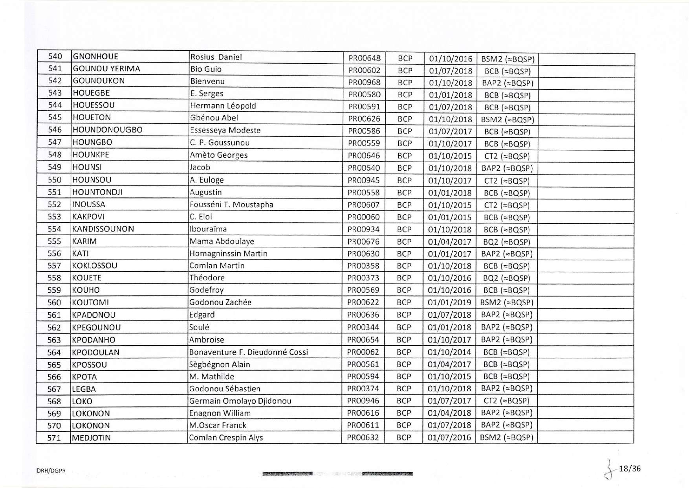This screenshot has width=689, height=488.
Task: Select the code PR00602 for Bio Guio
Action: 364,71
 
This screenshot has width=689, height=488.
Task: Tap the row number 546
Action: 55,130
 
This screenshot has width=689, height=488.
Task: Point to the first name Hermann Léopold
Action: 223,106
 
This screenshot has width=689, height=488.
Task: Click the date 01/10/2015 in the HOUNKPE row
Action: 450,156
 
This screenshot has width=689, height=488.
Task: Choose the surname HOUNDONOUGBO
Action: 107,130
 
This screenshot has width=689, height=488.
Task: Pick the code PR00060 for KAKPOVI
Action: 363,217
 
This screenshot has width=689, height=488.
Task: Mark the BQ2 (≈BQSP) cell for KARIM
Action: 506,242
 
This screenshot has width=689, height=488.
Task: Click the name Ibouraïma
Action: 208,229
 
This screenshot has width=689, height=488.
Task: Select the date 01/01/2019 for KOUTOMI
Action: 449,302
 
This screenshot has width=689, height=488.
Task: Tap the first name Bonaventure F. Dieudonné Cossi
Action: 248,352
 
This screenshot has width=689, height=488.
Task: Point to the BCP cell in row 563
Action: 403,339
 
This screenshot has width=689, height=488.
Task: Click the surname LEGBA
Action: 84,389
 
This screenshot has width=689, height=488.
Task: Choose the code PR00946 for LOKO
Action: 363,401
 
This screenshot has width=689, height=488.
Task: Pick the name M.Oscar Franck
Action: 218,425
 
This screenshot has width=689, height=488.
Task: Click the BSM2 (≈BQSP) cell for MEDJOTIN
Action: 506,437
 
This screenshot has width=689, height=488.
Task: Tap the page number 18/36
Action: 630,468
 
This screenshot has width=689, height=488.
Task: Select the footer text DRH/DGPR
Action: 51,470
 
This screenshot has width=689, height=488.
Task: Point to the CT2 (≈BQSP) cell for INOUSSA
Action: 506,205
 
